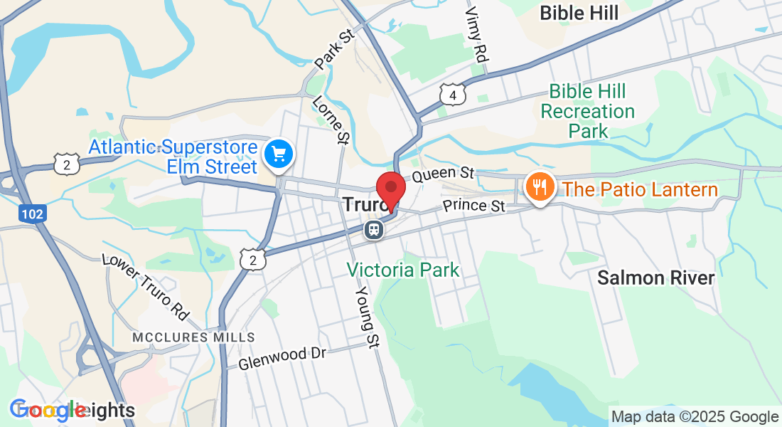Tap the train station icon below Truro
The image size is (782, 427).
click(x=373, y=230)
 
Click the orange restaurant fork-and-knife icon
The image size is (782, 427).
click(x=539, y=186)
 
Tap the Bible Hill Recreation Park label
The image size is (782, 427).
click(x=587, y=111)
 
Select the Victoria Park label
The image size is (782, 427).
click(x=403, y=270)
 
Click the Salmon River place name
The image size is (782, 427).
click(x=655, y=278)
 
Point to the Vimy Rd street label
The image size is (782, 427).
click(x=477, y=34)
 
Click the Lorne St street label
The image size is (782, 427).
click(x=331, y=119)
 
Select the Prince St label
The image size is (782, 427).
click(x=473, y=206)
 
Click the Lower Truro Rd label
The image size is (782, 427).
click(x=146, y=286)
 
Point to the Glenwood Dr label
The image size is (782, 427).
click(x=282, y=358)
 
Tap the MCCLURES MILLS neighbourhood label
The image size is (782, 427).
click(x=193, y=337)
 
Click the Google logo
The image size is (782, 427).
click(x=48, y=410)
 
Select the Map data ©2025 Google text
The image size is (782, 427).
click(x=695, y=417)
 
